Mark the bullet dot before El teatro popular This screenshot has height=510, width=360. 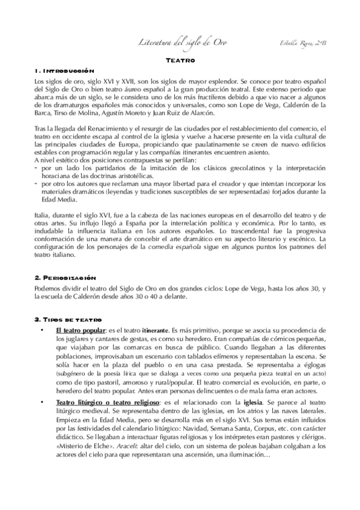pos(41,331)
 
